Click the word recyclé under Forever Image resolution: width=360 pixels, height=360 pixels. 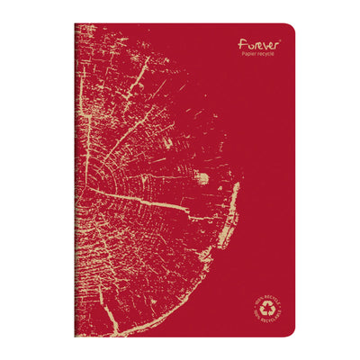pyautogui.click(x=267, y=53)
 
